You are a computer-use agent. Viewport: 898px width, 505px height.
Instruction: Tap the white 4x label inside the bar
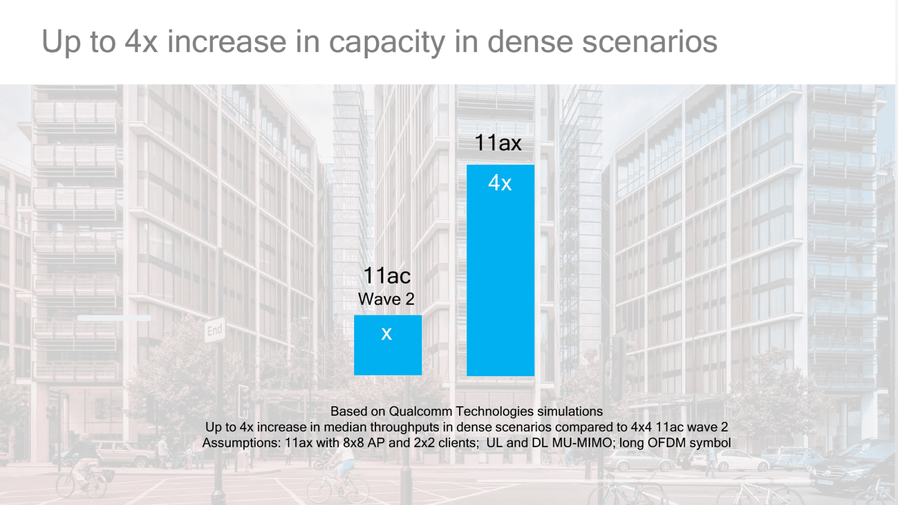(x=500, y=183)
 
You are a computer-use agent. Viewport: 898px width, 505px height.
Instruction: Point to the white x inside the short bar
(x=387, y=334)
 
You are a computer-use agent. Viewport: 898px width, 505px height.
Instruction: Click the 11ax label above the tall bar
(x=498, y=143)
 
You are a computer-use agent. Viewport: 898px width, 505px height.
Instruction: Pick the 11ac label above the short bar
(x=387, y=276)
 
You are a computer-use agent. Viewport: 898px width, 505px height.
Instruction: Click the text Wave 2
(x=386, y=299)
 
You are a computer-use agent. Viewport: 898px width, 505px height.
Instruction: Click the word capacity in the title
(x=387, y=43)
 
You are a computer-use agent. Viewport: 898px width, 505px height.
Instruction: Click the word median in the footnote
(x=345, y=427)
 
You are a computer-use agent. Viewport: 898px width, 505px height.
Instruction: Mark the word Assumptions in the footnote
(x=241, y=443)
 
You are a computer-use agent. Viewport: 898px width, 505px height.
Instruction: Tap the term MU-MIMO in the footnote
(x=582, y=443)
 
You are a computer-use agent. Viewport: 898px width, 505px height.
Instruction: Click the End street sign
(x=214, y=330)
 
